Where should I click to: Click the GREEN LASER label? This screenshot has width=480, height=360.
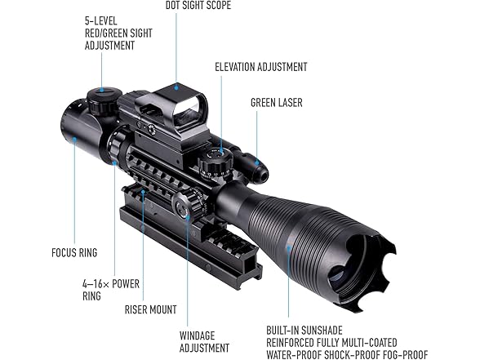point(277,103)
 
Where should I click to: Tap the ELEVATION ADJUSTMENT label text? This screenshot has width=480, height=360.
point(261,67)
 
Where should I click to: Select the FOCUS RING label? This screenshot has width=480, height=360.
point(74,252)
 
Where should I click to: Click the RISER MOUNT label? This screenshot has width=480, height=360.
point(150,309)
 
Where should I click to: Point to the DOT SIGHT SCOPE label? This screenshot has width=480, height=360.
point(198,5)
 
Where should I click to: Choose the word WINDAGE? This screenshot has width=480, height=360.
point(198,336)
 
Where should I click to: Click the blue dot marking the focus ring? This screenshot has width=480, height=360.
point(74,140)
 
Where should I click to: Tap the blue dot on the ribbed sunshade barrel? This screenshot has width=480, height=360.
point(288,247)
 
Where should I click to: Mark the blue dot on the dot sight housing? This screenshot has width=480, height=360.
point(176,87)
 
